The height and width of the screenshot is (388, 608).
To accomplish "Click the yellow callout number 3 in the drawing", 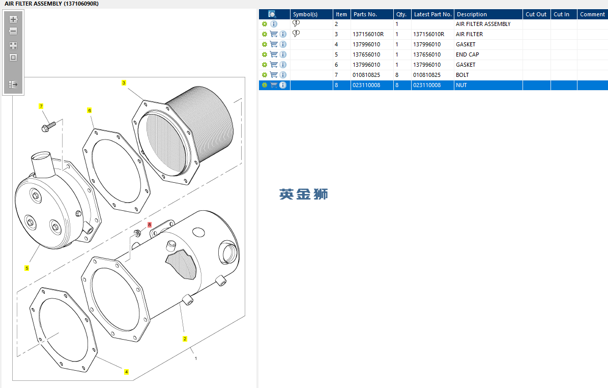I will (124, 82).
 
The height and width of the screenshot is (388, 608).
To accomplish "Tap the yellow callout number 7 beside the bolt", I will (41, 106).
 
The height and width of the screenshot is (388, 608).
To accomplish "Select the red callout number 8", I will (150, 225).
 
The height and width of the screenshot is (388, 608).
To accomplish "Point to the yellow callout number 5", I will (27, 268).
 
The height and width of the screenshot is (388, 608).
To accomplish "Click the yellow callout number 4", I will (127, 372).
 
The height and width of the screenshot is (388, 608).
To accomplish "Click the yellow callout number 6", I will (90, 110).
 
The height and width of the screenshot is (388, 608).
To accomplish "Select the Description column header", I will (472, 14).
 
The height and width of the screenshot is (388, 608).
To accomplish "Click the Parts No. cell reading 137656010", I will (366, 54).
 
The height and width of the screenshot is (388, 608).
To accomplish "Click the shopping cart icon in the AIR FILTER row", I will (274, 34).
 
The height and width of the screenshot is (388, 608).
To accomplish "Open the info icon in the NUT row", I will (283, 85).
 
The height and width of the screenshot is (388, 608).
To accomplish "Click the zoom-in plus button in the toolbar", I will (13, 19).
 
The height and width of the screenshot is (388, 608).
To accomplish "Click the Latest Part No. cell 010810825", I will (427, 75).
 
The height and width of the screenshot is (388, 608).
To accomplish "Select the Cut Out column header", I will (536, 14).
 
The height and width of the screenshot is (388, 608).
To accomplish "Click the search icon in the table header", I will (272, 14).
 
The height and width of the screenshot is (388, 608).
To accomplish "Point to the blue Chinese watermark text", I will (304, 194).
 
